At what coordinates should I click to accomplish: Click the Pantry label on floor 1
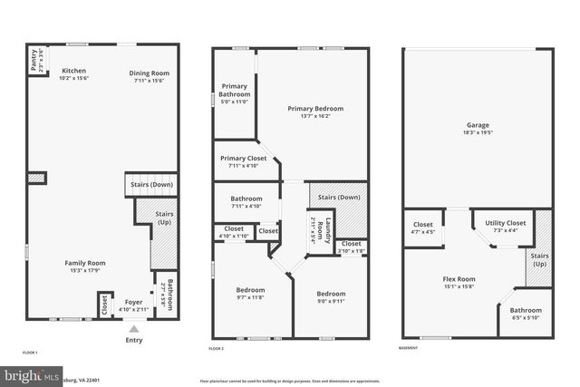[x=32, y=63]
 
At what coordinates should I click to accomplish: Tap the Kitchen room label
[x=73, y=71]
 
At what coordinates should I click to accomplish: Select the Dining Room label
[x=149, y=73]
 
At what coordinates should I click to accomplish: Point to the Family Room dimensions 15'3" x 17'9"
[x=84, y=270]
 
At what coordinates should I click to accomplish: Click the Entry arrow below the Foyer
[x=134, y=330]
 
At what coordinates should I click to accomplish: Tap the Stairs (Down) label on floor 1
[x=150, y=186]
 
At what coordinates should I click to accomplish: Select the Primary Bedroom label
[x=315, y=109]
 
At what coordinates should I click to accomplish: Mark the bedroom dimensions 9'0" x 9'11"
[x=331, y=301]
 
